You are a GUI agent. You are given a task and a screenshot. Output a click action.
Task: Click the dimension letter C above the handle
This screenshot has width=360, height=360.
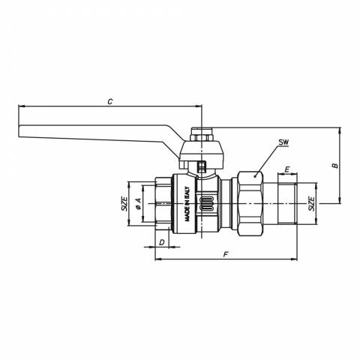pyautogui.click(x=110, y=102)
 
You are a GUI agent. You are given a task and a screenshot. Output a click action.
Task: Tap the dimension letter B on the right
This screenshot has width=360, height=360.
pyautogui.click(x=334, y=166)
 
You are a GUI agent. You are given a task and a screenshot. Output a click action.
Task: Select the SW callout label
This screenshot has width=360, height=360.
pyautogui.click(x=283, y=142)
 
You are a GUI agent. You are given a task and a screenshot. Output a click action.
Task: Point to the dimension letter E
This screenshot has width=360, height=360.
pyautogui.click(x=287, y=169)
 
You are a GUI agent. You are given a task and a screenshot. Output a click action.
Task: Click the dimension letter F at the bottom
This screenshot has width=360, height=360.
pyautogui.click(x=226, y=255)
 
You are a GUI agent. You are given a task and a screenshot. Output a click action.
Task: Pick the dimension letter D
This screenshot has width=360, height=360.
pyautogui.click(x=162, y=242)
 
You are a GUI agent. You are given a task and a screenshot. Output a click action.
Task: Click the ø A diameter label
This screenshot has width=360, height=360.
pyautogui.click(x=138, y=203)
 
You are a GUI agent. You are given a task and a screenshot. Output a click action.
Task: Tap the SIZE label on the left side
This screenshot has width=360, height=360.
pyautogui.click(x=124, y=204)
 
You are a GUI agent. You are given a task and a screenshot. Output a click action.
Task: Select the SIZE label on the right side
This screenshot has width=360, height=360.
pyautogui.click(x=311, y=204)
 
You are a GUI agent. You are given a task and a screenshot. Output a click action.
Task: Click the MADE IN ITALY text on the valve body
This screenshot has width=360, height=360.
pyautogui.click(x=187, y=204)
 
